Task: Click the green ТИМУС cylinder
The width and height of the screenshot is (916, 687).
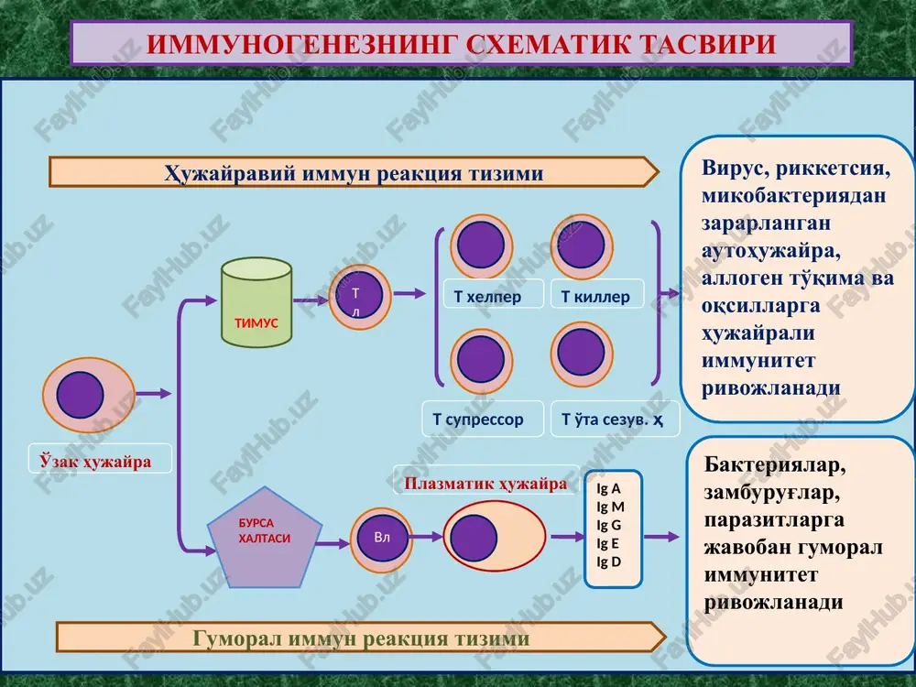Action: (256, 302)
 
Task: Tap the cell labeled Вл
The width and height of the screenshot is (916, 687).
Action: (381, 540)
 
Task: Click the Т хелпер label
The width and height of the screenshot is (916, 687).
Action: (488, 297)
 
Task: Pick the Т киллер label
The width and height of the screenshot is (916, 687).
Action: (595, 297)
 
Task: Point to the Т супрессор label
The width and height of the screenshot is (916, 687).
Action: (478, 420)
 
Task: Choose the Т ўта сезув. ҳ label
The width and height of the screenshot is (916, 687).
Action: (612, 420)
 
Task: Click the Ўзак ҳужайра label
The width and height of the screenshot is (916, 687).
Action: (95, 462)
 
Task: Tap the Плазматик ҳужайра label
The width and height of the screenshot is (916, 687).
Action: (485, 484)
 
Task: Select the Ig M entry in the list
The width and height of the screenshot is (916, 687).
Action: (610, 507)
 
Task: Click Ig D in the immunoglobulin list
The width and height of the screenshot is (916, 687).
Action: (609, 562)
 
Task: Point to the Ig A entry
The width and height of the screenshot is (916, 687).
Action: (608, 488)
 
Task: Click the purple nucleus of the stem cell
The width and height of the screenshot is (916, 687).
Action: (80, 395)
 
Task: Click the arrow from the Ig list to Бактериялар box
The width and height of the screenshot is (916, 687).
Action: (661, 537)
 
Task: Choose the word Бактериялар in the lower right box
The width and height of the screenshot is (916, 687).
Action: (775, 465)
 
